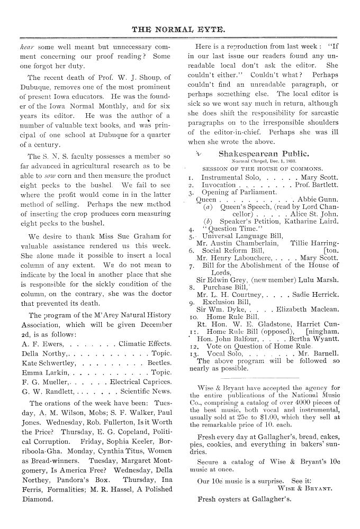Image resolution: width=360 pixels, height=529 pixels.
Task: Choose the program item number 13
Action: (x=193, y=354)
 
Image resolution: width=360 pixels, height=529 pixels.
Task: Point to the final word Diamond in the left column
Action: (x=38, y=498)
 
